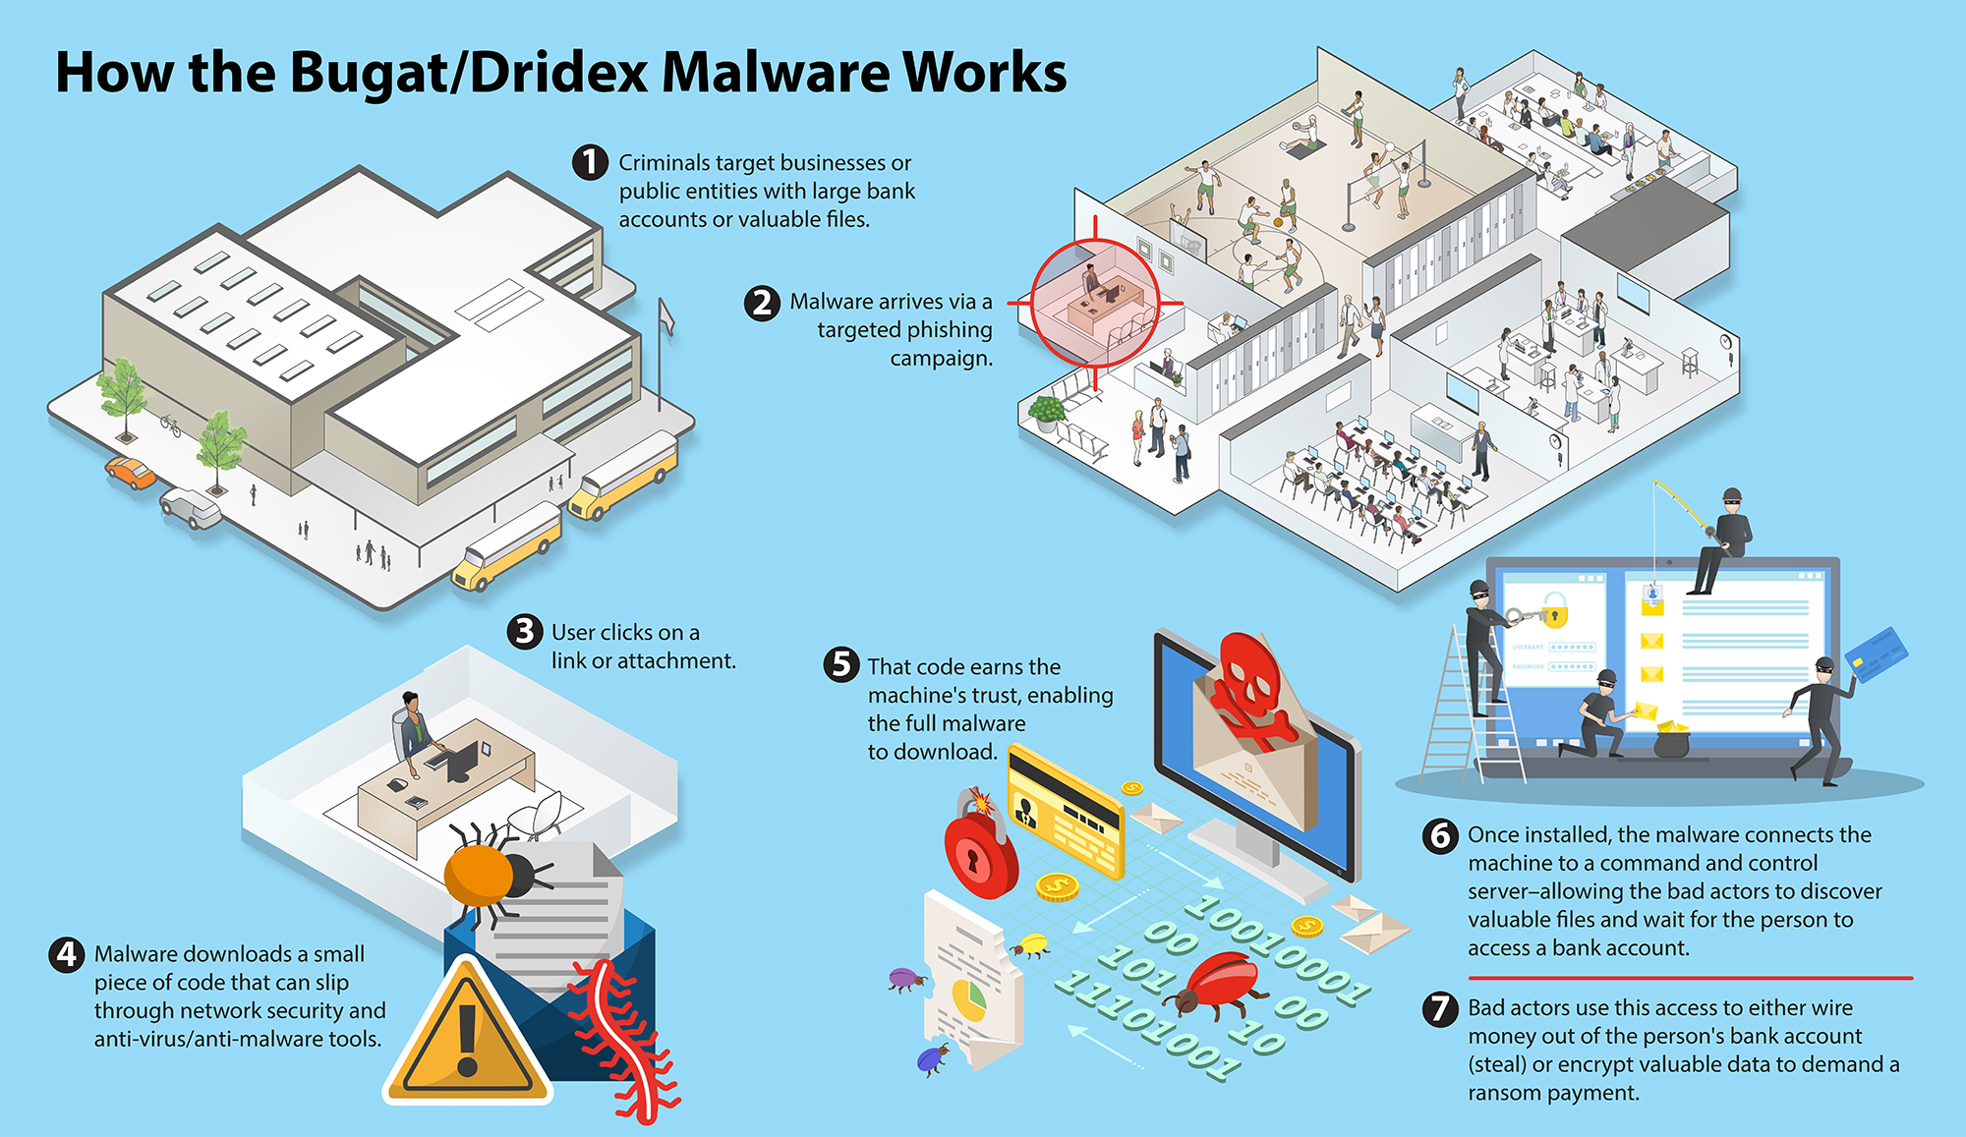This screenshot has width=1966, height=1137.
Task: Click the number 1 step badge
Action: [590, 162]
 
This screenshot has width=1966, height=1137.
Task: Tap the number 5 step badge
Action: [840, 665]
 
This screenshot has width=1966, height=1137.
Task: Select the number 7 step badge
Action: [1440, 1008]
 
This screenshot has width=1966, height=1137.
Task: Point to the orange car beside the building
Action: [131, 472]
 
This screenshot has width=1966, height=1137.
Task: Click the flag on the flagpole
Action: [666, 317]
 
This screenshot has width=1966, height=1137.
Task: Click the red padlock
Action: [980, 850]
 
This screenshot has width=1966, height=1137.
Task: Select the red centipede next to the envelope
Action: [619, 1042]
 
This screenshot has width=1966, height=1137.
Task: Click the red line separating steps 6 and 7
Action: [1690, 978]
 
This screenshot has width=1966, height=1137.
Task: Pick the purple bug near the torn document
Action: [905, 978]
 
